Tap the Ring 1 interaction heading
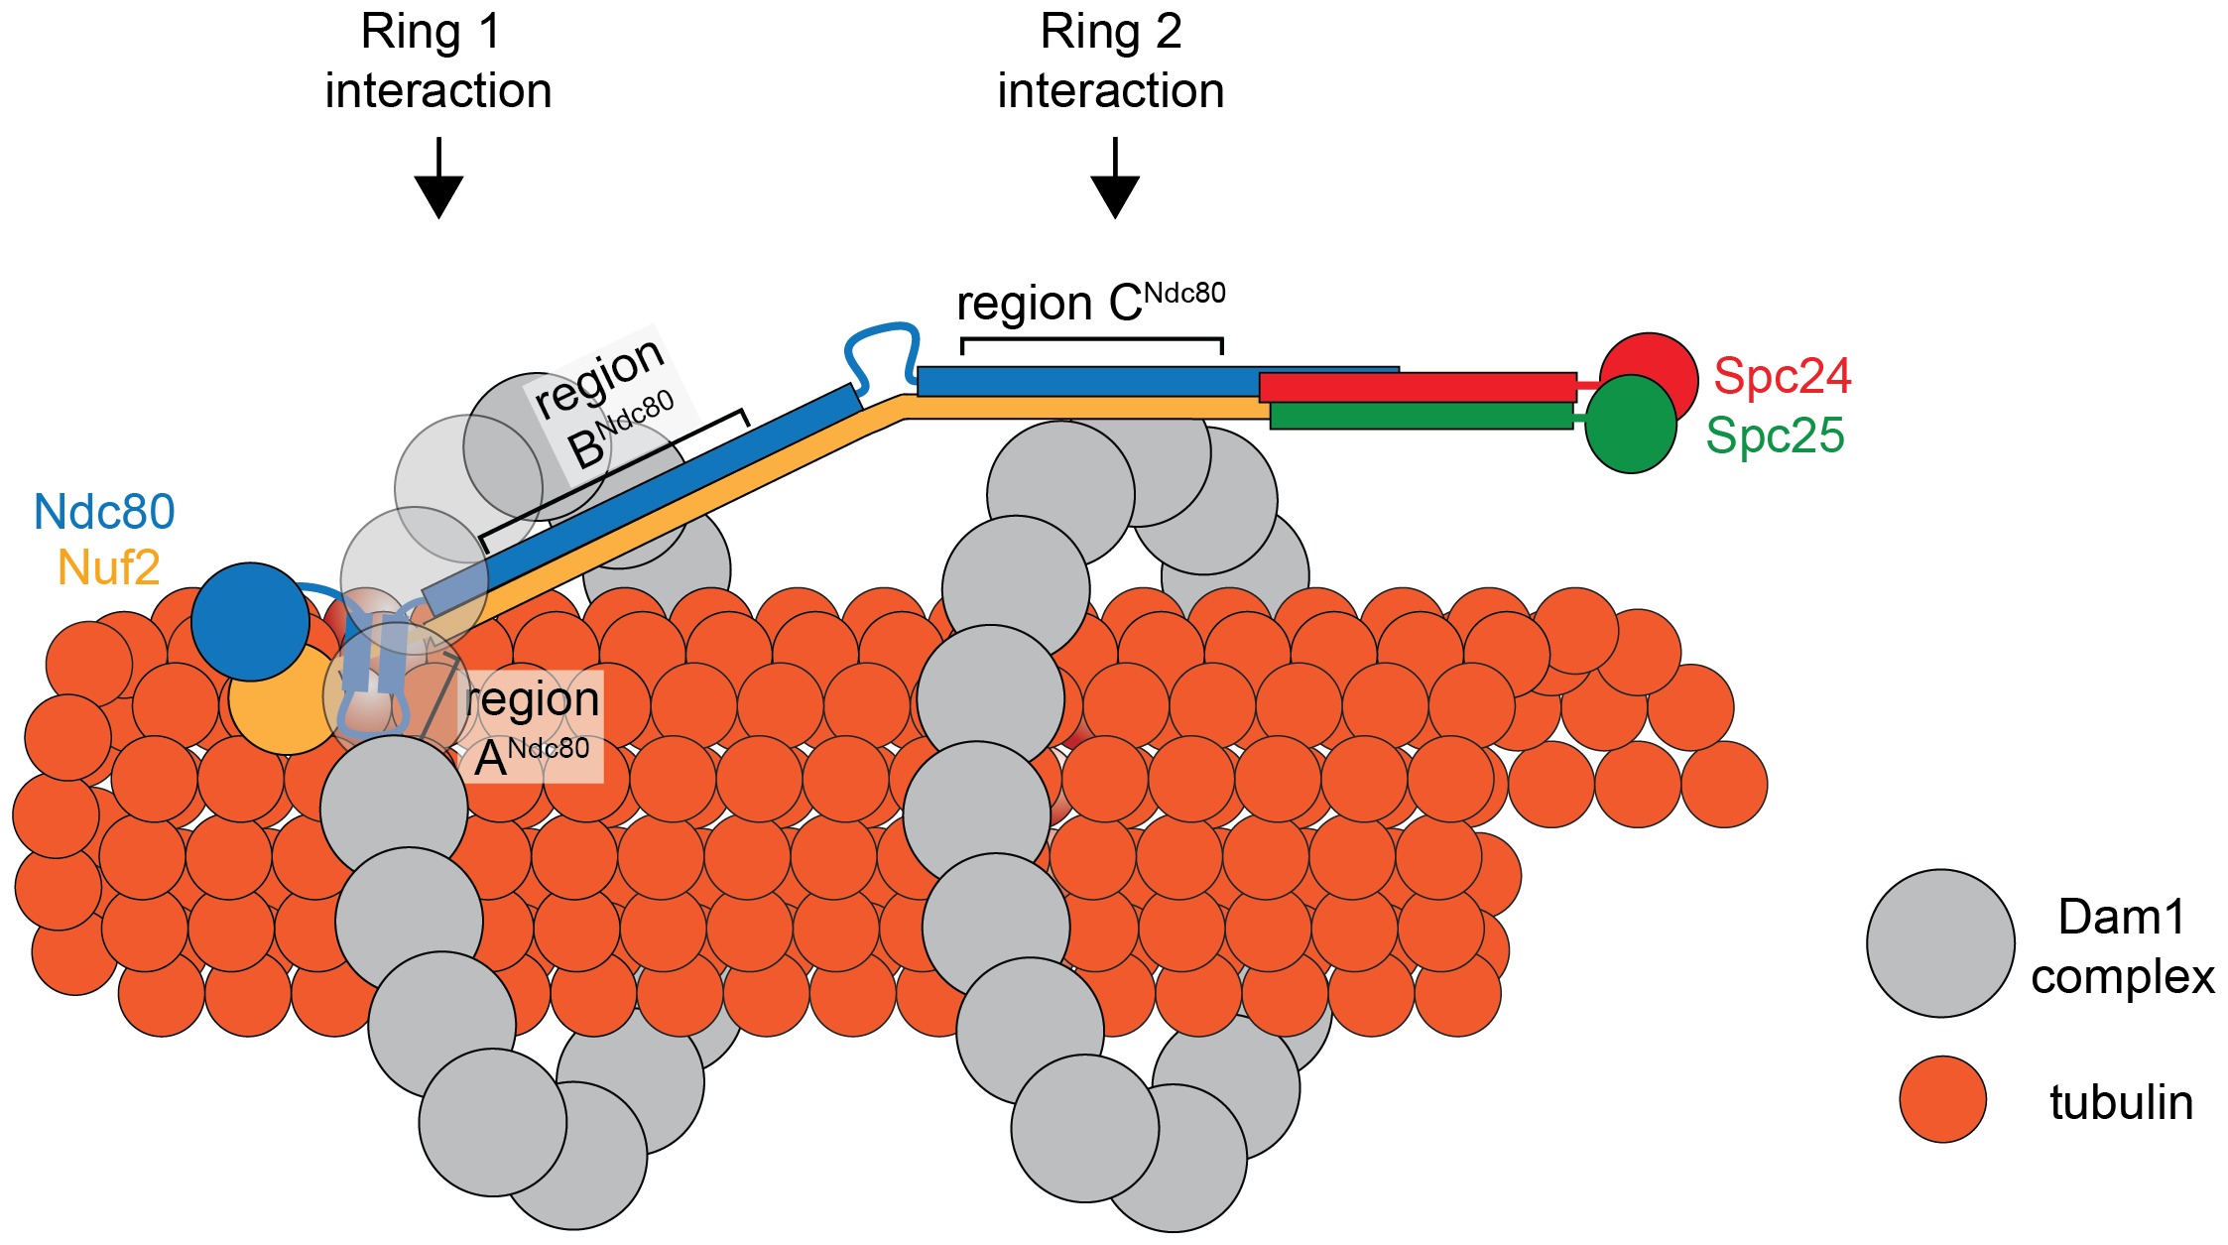[x=437, y=62]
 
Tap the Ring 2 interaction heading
[x=1111, y=62]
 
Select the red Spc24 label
[x=1782, y=376]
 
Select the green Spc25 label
[x=1775, y=436]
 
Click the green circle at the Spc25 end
[x=1632, y=425]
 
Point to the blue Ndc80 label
[x=104, y=512]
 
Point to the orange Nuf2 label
[x=109, y=568]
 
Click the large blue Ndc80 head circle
[x=250, y=622]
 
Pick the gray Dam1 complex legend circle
[x=1940, y=943]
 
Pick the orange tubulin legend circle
[x=1942, y=1099]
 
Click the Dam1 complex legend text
[x=2122, y=946]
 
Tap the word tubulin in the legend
[x=2121, y=1103]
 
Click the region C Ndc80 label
[x=1090, y=303]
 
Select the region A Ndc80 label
[x=532, y=728]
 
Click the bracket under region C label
[x=1091, y=341]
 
